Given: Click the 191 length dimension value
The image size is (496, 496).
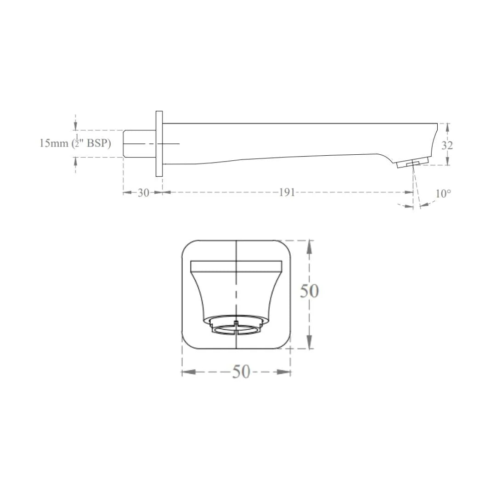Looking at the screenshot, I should (x=287, y=192).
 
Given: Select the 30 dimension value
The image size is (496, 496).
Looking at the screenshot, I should (x=143, y=193).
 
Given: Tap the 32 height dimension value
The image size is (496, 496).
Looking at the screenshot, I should (x=447, y=145).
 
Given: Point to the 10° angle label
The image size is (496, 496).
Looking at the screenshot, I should (x=443, y=194).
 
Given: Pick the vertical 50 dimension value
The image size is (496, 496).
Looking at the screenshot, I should (x=309, y=291).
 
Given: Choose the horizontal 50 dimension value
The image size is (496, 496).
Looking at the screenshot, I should (x=241, y=372).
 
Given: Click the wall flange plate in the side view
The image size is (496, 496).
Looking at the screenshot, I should (x=159, y=144).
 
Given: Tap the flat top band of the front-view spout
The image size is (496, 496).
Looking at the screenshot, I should (x=236, y=265).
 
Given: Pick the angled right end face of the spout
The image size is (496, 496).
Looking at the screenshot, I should (x=433, y=140).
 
